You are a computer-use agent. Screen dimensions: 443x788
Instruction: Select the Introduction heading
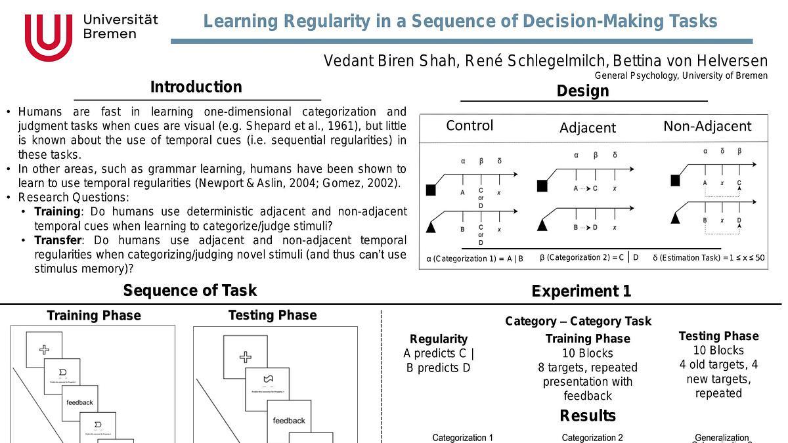[196, 87]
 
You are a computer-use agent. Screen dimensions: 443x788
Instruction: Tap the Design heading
[582, 91]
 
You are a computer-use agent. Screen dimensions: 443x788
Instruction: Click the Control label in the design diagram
[470, 125]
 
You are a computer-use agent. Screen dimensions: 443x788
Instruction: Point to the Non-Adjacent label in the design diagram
[707, 126]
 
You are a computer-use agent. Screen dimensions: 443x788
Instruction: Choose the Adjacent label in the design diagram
[588, 128]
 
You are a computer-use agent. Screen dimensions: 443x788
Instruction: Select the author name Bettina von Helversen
[690, 61]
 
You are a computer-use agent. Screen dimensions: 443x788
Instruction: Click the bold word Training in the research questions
[56, 211]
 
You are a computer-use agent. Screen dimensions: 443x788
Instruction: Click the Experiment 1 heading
[581, 291]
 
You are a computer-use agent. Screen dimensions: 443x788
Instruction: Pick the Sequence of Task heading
[190, 290]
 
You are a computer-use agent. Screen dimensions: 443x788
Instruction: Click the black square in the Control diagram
[431, 190]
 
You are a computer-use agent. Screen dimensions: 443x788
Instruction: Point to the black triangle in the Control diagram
[431, 227]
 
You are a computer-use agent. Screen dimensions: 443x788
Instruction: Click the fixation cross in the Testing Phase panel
[245, 357]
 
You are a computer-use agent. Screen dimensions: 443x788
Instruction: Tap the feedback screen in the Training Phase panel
[79, 402]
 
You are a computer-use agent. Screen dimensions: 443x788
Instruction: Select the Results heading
[588, 415]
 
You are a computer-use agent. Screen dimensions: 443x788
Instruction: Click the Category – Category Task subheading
[578, 321]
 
